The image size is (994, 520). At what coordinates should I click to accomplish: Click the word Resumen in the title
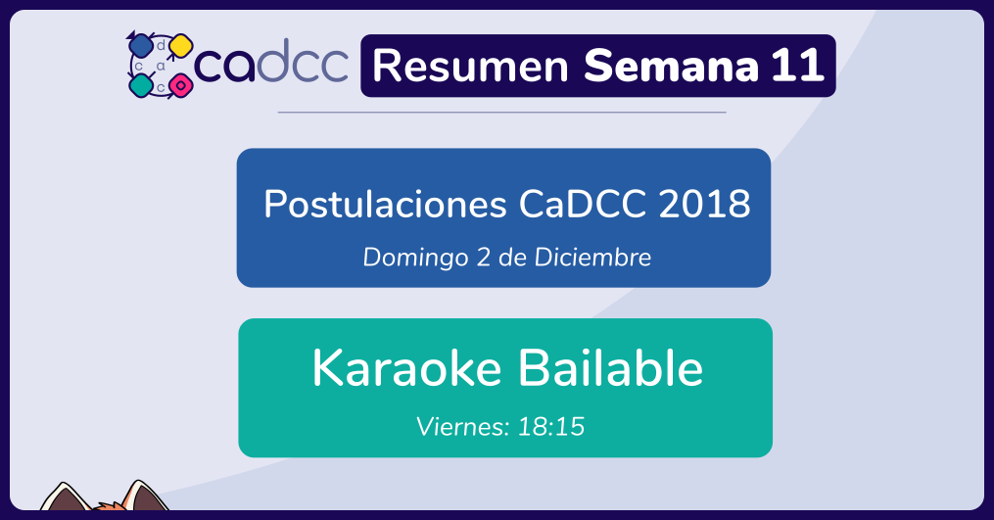470,66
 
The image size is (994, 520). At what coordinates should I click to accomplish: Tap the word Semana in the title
671,66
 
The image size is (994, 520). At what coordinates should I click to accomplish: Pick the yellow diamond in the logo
180,46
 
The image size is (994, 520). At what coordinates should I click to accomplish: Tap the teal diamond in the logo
141,85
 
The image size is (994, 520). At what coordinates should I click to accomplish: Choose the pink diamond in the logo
180,85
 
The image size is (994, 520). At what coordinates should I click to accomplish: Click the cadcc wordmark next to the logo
271,62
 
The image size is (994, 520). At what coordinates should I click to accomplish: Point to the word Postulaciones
386,205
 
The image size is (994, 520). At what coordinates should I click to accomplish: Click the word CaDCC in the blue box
583,205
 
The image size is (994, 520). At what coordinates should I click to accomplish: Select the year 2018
704,205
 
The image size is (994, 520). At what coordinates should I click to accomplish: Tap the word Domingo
416,258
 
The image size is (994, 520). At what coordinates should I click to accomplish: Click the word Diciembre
592,257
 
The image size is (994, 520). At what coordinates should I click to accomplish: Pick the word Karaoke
407,368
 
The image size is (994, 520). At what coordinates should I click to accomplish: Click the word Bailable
611,367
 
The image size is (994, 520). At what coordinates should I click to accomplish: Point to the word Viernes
463,427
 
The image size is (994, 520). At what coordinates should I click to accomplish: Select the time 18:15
551,427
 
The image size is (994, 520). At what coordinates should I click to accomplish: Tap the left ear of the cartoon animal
64,497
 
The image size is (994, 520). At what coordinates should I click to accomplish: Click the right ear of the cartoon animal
145,496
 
